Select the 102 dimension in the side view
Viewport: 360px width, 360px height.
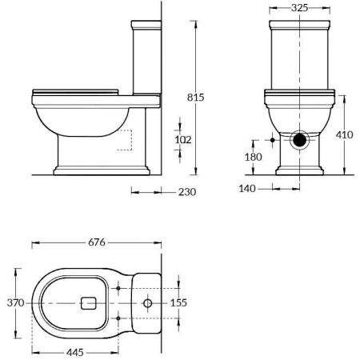pos(183,139)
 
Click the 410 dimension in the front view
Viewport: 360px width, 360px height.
pos(344,136)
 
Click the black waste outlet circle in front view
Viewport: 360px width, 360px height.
pos(299,140)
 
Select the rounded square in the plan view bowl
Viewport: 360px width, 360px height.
pos(89,303)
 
